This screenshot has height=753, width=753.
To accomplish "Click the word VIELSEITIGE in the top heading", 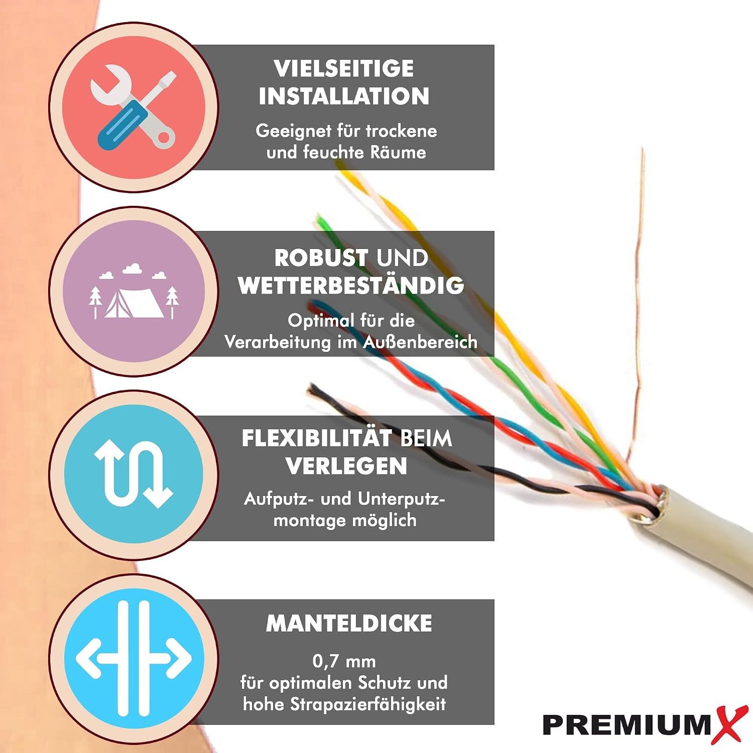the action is (344, 68).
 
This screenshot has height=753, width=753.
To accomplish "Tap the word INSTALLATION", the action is (344, 96).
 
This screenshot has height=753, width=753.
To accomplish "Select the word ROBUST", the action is (321, 258).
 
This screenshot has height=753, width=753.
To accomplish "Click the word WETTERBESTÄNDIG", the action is (351, 285).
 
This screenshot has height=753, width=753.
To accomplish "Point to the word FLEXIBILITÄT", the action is (316, 438).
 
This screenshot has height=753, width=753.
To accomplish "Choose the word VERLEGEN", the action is (346, 466).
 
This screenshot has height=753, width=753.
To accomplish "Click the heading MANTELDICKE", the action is (349, 623).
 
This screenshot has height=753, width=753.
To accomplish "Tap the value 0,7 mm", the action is (344, 661).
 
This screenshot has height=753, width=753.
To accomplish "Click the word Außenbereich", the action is (420, 342).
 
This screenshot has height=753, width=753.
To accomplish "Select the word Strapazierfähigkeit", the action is (368, 704).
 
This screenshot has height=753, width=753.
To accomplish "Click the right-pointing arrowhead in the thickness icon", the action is (180, 658).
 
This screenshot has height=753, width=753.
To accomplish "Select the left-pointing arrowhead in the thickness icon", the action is (88, 658).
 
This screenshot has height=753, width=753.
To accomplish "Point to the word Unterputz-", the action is (401, 499).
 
